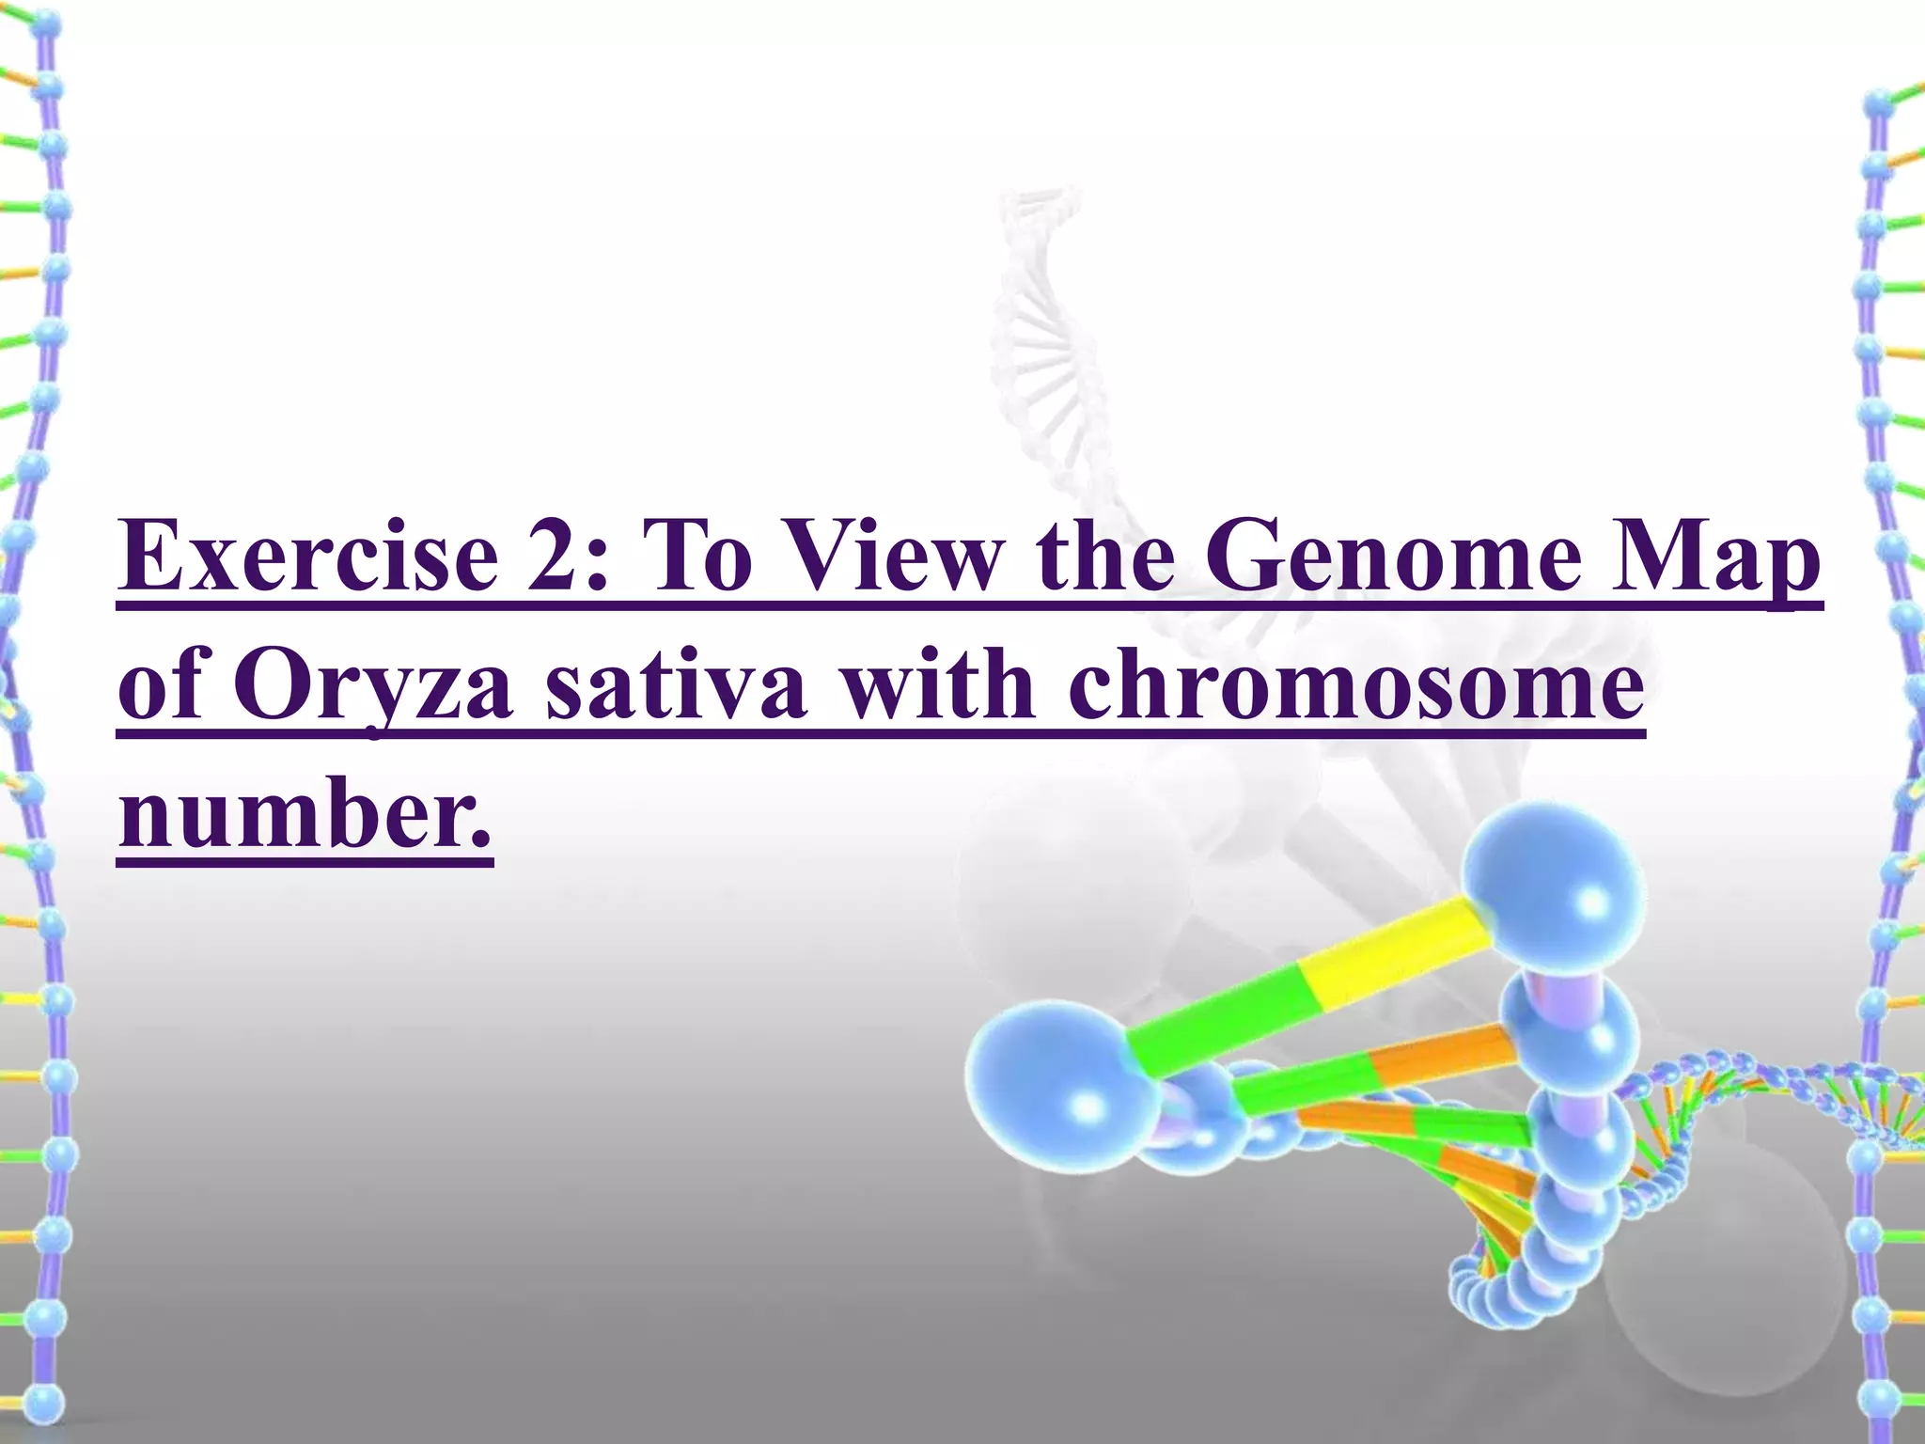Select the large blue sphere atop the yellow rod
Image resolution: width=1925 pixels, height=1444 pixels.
pyautogui.click(x=1556, y=884)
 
